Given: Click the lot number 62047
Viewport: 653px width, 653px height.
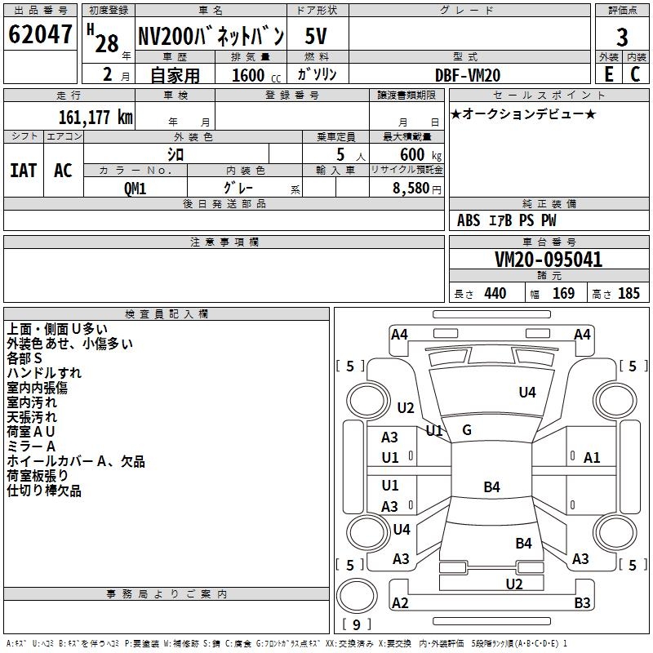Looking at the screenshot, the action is click(x=40, y=34).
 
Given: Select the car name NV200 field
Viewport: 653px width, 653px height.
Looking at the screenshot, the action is click(x=211, y=36).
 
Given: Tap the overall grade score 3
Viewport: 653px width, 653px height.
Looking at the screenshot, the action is click(x=622, y=38).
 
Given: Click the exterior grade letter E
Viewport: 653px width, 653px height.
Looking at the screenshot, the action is click(x=609, y=74).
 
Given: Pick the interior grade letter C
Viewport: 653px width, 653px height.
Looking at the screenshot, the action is click(x=635, y=74).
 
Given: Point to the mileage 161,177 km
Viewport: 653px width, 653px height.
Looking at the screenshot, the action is click(x=96, y=118).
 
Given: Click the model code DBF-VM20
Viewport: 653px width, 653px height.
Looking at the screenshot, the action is click(x=468, y=75).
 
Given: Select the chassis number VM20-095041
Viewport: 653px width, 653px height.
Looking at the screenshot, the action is click(x=549, y=260).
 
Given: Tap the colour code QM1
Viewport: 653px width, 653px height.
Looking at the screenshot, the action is click(x=135, y=189).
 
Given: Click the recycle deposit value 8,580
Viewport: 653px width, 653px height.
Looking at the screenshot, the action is click(x=411, y=188).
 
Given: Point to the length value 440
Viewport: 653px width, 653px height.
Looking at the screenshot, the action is click(x=495, y=293).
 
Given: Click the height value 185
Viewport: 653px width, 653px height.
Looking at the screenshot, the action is click(x=629, y=293).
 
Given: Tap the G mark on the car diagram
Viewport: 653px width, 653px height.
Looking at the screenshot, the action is click(x=467, y=430).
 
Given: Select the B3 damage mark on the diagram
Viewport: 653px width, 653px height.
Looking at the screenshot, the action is click(x=582, y=602).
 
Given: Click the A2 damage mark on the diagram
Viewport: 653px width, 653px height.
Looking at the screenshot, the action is click(x=400, y=602).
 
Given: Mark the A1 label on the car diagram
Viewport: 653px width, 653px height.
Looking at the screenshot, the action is click(x=592, y=458).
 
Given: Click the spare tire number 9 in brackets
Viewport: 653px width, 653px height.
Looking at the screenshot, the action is click(x=357, y=624).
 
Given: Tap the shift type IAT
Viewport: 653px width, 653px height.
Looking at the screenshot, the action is click(x=24, y=171).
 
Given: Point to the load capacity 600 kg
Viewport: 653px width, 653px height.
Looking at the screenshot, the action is click(x=420, y=154).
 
